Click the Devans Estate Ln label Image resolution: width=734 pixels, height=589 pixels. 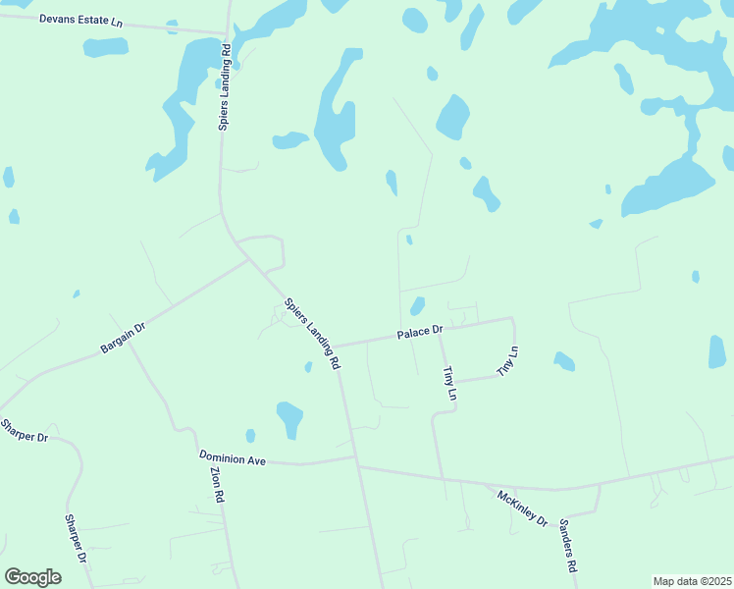point(81,21)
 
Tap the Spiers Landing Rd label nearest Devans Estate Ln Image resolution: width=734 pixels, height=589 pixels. point(225,86)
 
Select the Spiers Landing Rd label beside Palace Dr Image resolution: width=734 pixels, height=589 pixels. point(312,334)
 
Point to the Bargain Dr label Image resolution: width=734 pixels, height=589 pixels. point(123,336)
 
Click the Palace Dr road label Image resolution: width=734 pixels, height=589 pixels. point(420,334)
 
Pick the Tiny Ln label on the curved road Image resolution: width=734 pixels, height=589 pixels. point(506,361)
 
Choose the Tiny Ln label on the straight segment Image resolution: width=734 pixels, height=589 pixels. point(449,382)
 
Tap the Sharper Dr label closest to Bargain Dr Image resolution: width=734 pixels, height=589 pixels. point(25,430)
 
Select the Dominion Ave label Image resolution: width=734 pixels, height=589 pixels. point(232,457)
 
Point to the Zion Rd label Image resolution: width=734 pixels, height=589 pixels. point(218,483)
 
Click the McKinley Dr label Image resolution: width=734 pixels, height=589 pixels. point(522,508)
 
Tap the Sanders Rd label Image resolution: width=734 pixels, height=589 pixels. point(567,546)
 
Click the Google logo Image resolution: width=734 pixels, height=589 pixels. point(32,576)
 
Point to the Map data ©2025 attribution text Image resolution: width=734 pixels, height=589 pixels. point(692,581)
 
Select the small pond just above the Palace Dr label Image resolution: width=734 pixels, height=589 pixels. point(417,305)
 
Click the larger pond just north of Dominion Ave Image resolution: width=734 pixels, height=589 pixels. point(289,419)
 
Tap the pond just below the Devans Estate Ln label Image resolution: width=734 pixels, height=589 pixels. point(105,47)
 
